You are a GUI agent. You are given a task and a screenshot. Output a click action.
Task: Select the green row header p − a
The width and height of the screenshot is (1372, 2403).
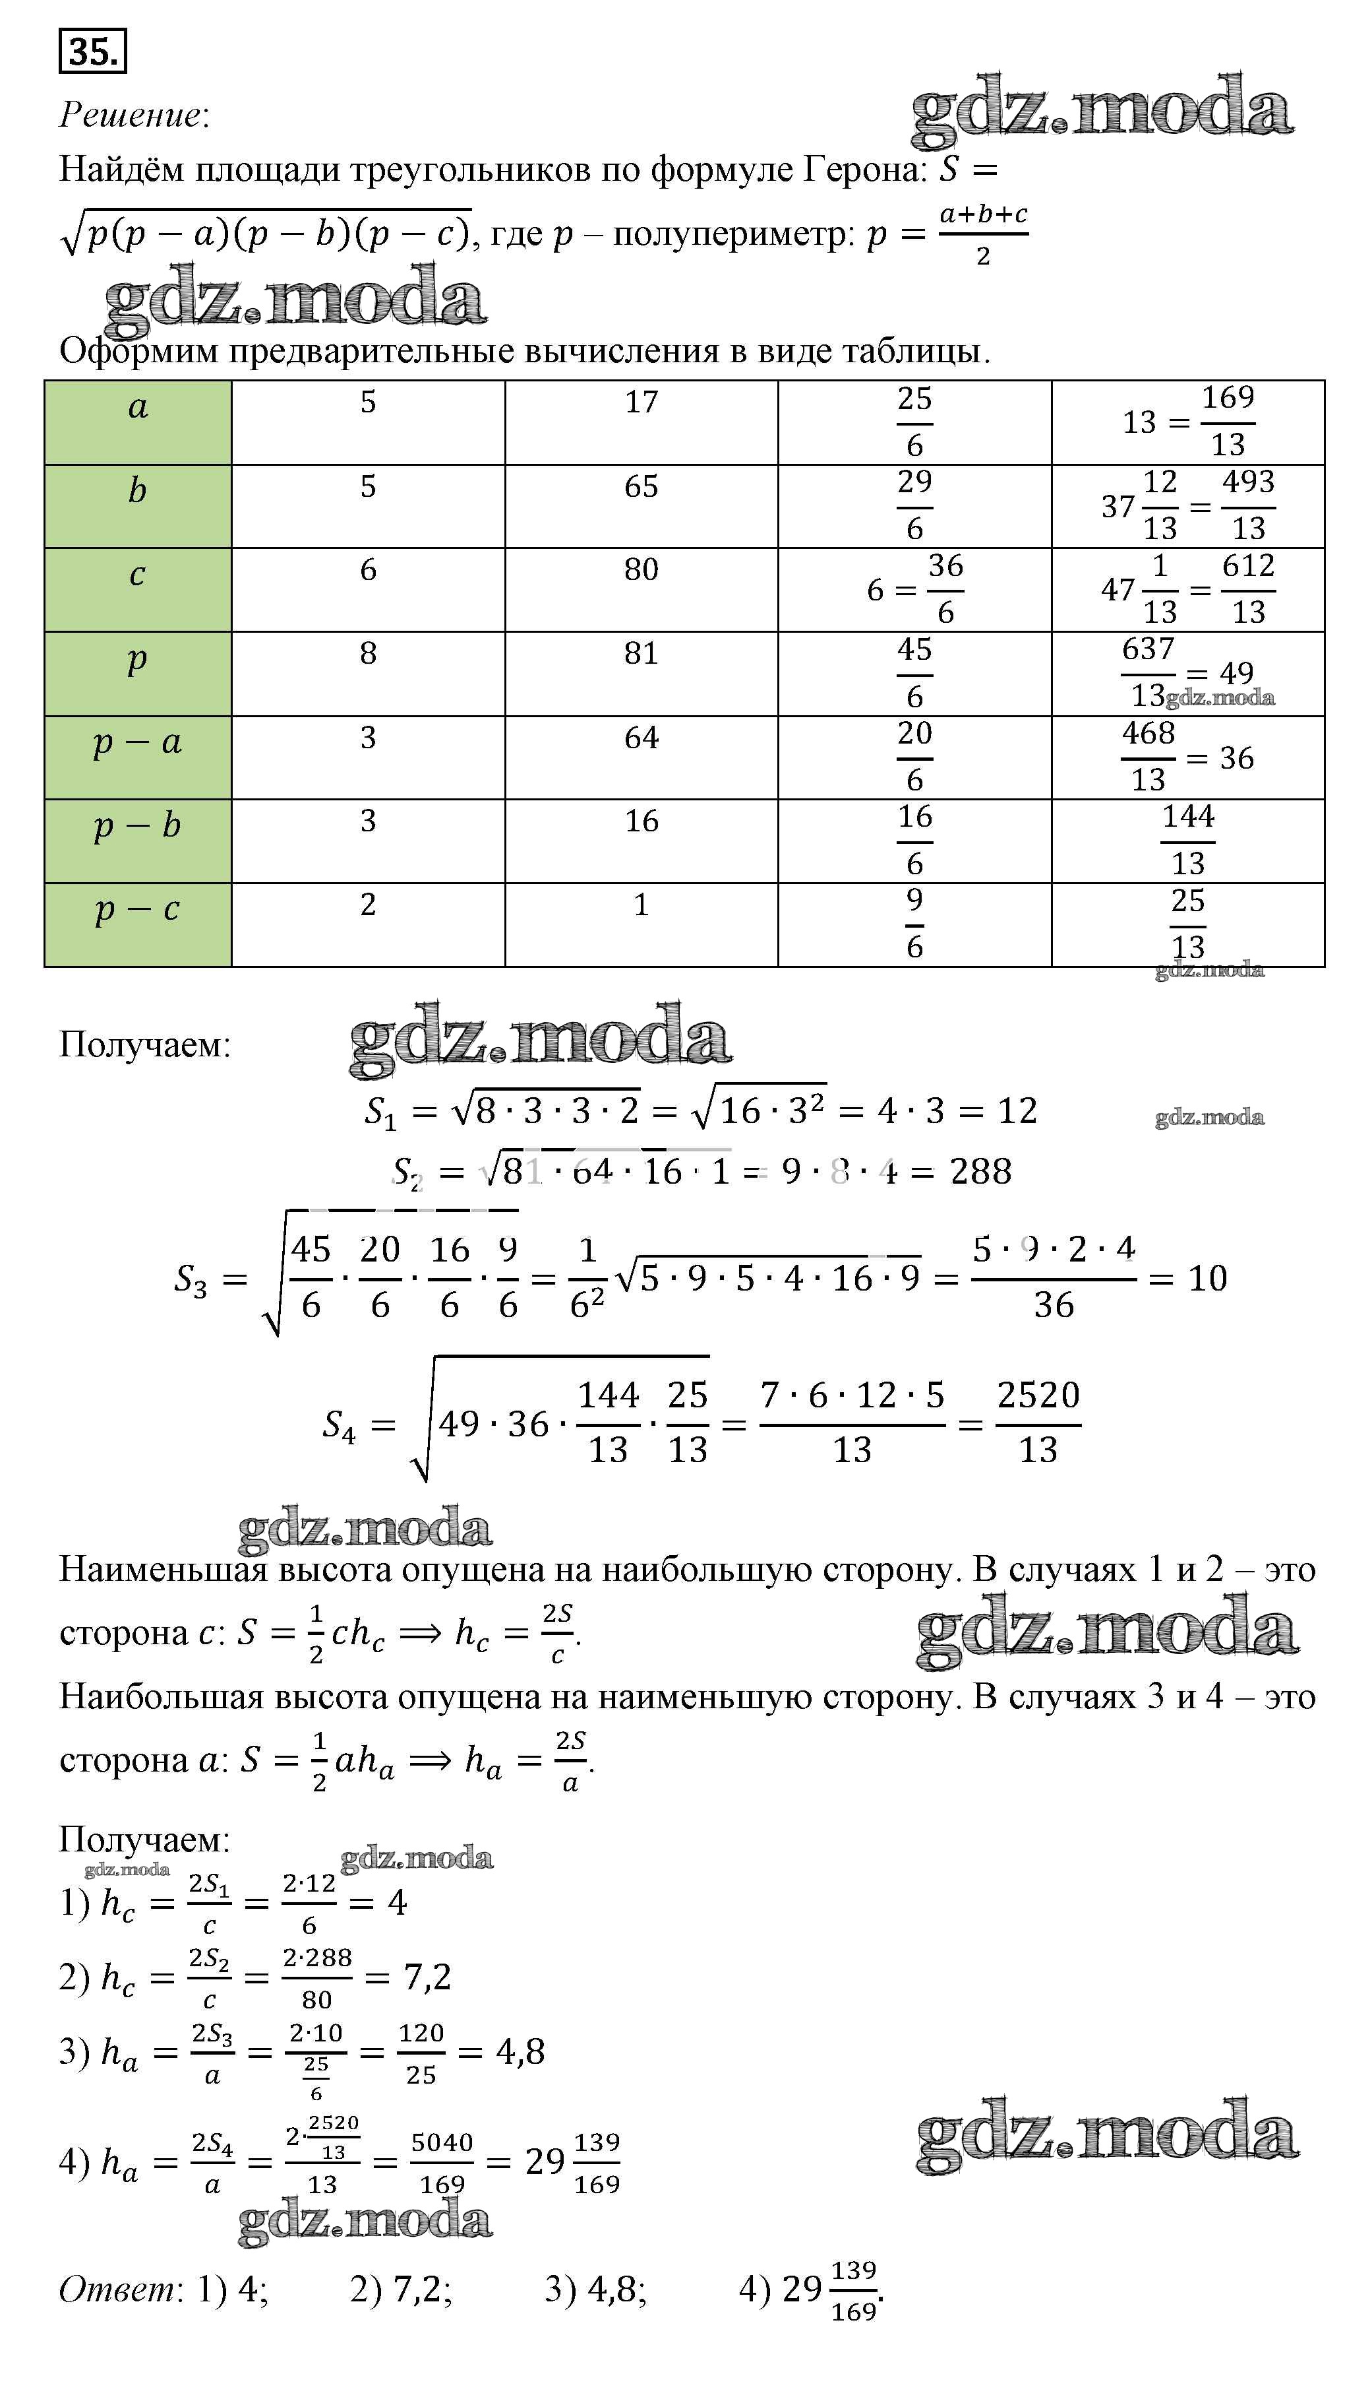click(138, 757)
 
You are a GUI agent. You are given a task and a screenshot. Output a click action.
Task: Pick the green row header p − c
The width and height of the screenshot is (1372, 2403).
click(138, 924)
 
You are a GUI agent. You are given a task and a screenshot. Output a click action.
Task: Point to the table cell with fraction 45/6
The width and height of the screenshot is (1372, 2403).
click(914, 673)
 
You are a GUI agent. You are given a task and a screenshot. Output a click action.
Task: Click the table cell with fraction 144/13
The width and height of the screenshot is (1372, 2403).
click(1187, 840)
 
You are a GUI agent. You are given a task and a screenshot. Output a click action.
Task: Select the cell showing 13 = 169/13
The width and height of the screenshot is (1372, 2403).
click(1187, 422)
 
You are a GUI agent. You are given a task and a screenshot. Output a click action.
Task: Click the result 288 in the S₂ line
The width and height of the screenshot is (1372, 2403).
click(981, 1172)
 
